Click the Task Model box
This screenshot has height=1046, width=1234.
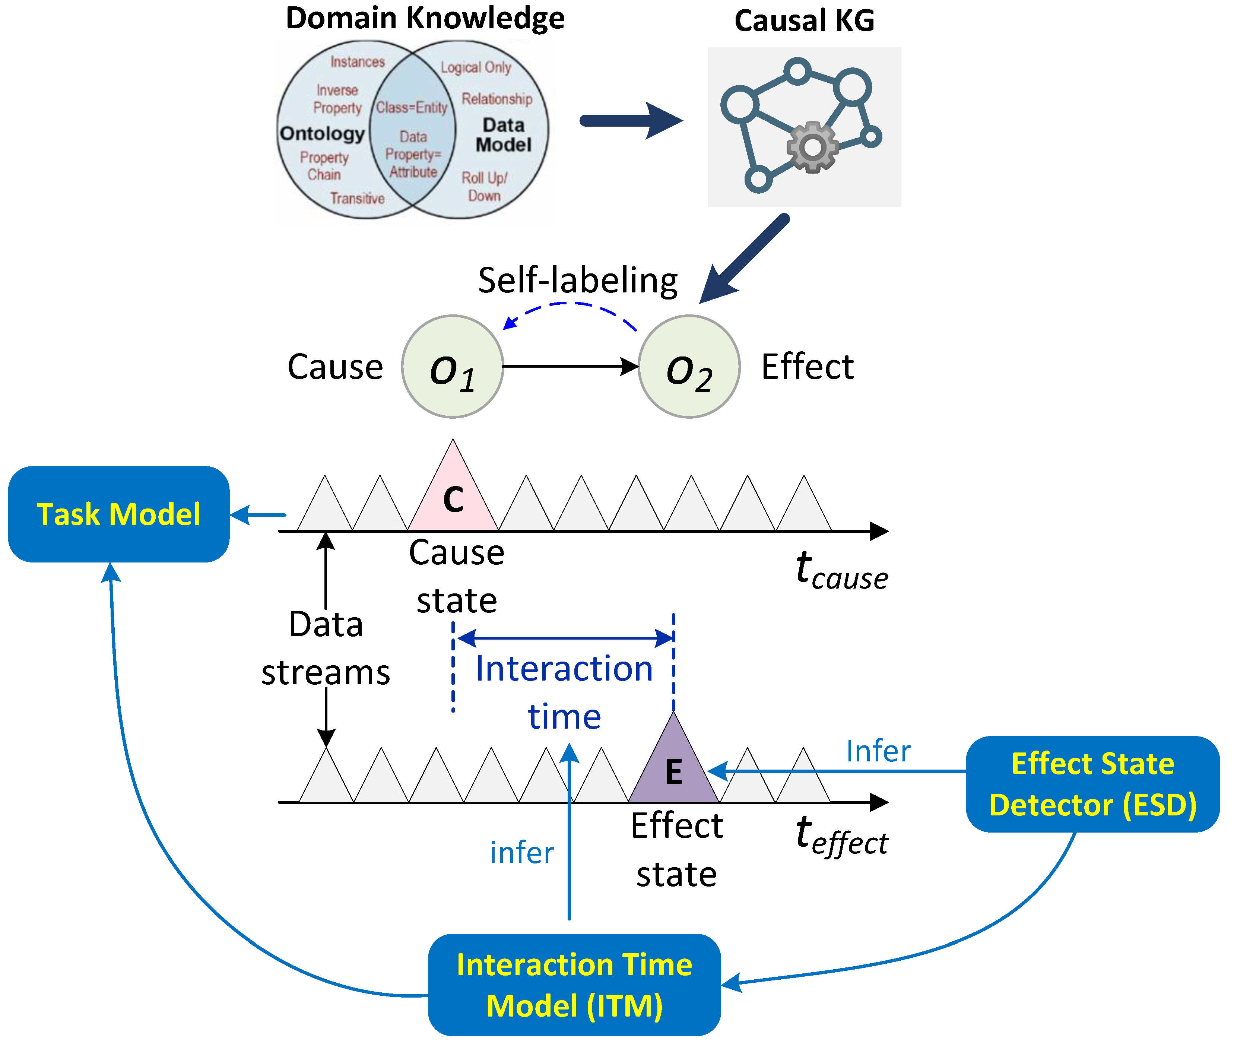[118, 514]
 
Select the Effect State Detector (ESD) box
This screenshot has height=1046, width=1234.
[1092, 784]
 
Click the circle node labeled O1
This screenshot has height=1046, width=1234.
[453, 367]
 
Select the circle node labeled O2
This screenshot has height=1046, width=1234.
[689, 367]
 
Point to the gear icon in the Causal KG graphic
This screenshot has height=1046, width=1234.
[812, 147]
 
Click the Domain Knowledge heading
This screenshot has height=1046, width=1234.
[425, 18]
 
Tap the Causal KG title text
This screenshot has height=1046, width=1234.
[804, 21]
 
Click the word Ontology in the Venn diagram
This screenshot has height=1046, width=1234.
[322, 133]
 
